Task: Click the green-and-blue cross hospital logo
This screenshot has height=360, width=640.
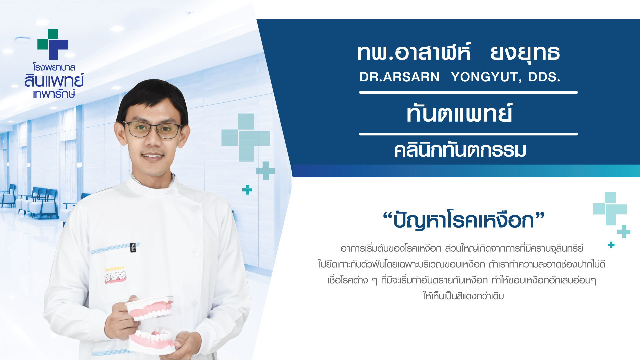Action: [53, 44]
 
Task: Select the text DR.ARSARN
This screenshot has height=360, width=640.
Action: [399, 77]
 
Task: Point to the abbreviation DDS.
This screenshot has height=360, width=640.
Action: [544, 77]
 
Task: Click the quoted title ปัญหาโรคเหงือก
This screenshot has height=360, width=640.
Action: [464, 220]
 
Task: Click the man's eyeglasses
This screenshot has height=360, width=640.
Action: [153, 129]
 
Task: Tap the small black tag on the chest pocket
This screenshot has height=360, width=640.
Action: [133, 247]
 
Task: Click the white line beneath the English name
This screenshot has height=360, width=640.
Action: [468, 92]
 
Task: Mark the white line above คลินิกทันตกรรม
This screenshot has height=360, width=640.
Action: [468, 134]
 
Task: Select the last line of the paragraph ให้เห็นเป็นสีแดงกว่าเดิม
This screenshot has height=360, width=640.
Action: [463, 296]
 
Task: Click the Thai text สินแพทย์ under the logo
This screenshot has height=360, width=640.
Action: [54, 81]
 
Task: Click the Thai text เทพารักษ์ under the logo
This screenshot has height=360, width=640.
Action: [54, 94]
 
